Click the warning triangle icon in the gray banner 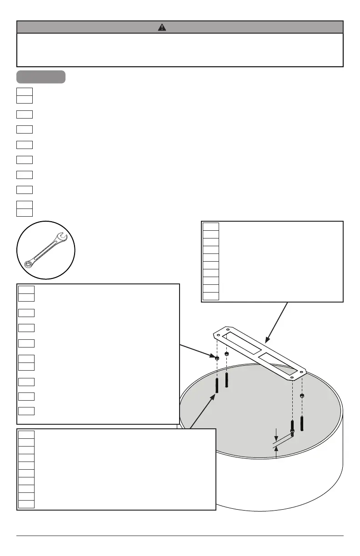click(x=162, y=27)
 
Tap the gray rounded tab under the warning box click(x=41, y=77)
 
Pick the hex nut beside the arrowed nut click(x=227, y=354)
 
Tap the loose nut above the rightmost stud click(x=302, y=396)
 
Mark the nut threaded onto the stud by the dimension click(x=292, y=430)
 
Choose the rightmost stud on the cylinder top click(x=302, y=422)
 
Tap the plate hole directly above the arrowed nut click(x=218, y=336)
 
